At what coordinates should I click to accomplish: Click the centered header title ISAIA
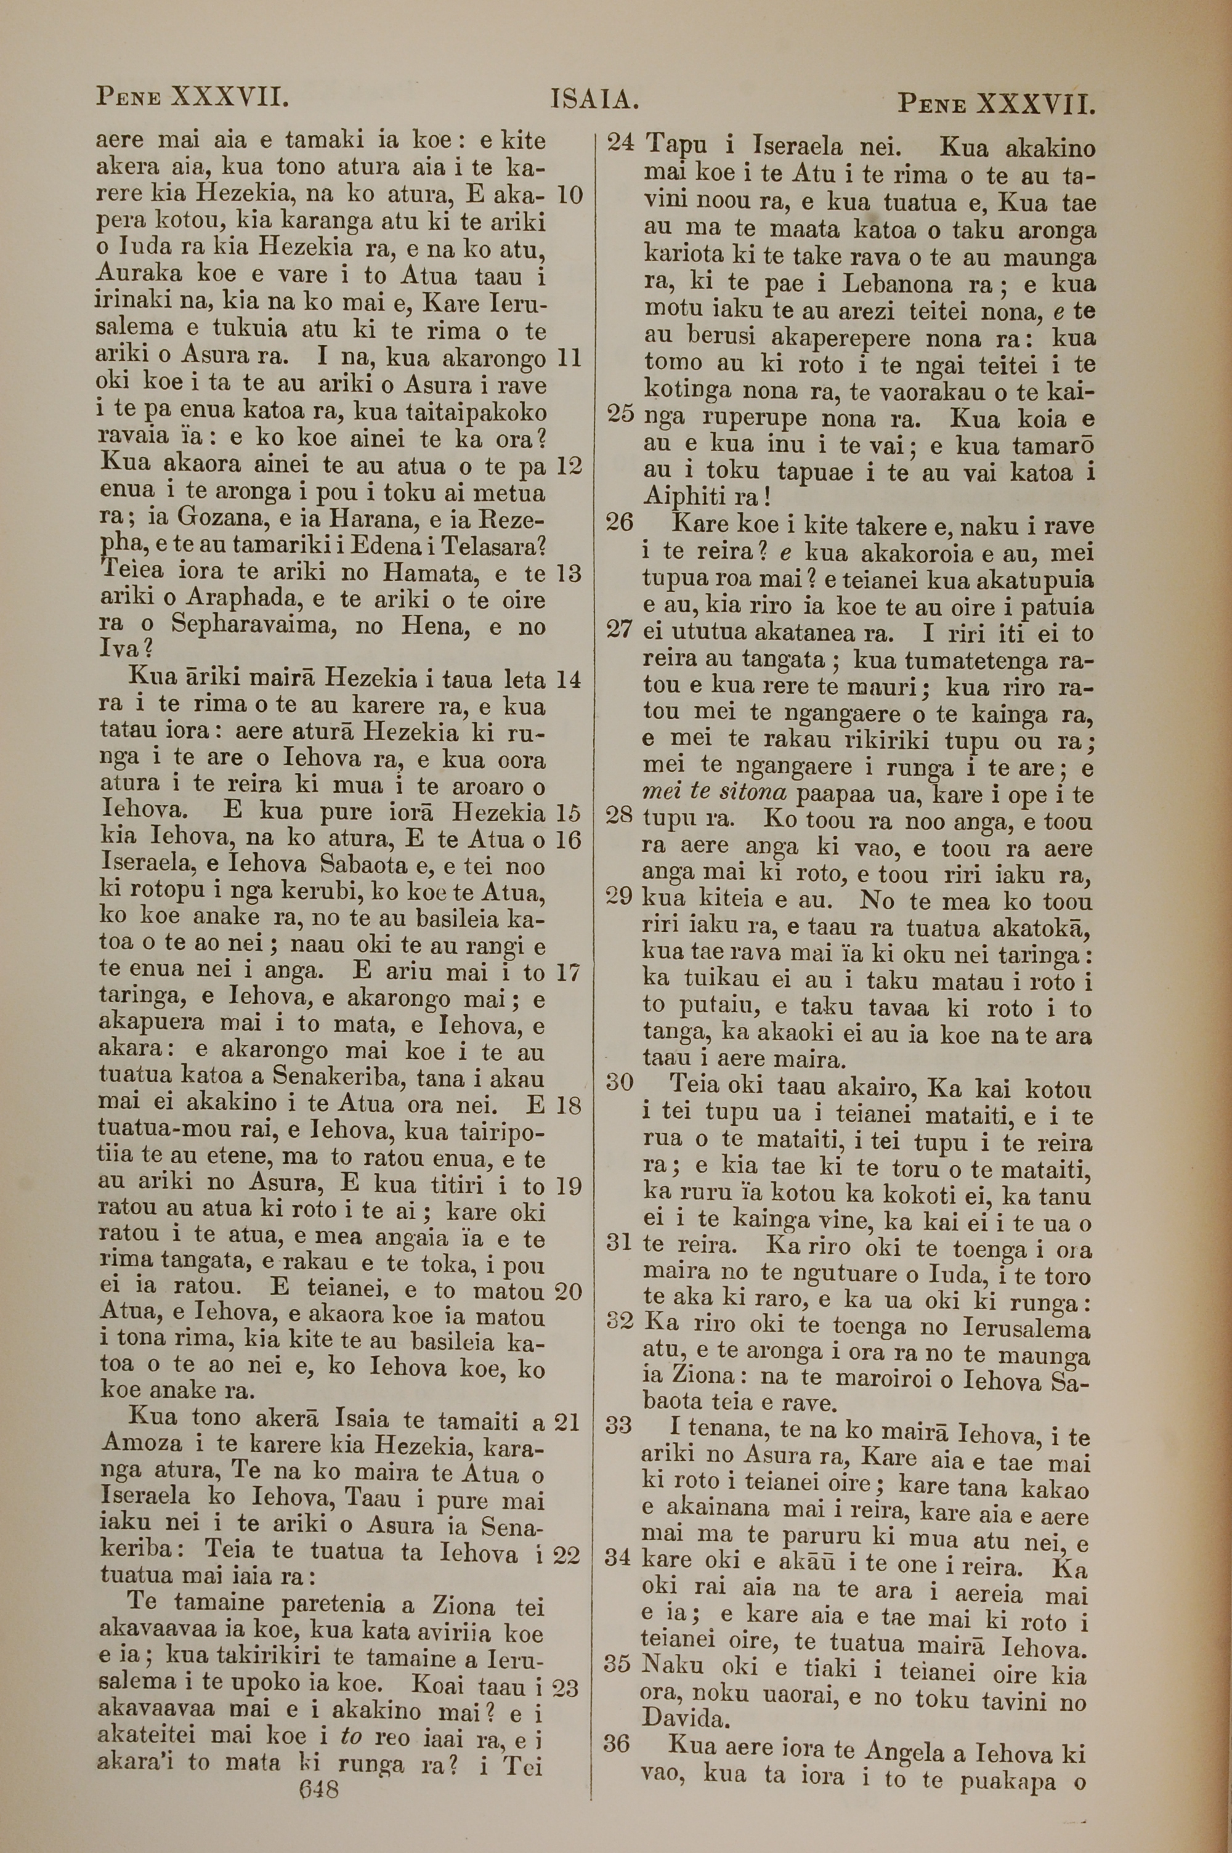tap(594, 100)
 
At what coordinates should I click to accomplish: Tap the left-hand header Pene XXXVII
tap(192, 97)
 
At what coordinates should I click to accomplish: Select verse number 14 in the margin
tap(568, 679)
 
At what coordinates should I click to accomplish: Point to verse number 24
tap(622, 143)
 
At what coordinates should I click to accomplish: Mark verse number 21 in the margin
tap(567, 1420)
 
